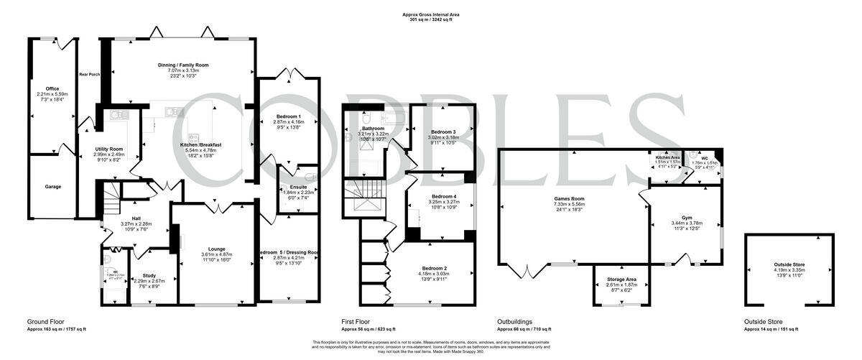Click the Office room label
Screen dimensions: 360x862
52,89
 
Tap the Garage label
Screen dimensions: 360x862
53,186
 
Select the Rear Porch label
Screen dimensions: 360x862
90,74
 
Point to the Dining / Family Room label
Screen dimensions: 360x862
183,65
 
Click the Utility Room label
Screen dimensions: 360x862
111,148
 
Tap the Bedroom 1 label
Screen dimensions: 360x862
289,116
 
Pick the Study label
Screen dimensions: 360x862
149,275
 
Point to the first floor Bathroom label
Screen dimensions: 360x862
374,129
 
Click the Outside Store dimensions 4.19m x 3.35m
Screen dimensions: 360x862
789,270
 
